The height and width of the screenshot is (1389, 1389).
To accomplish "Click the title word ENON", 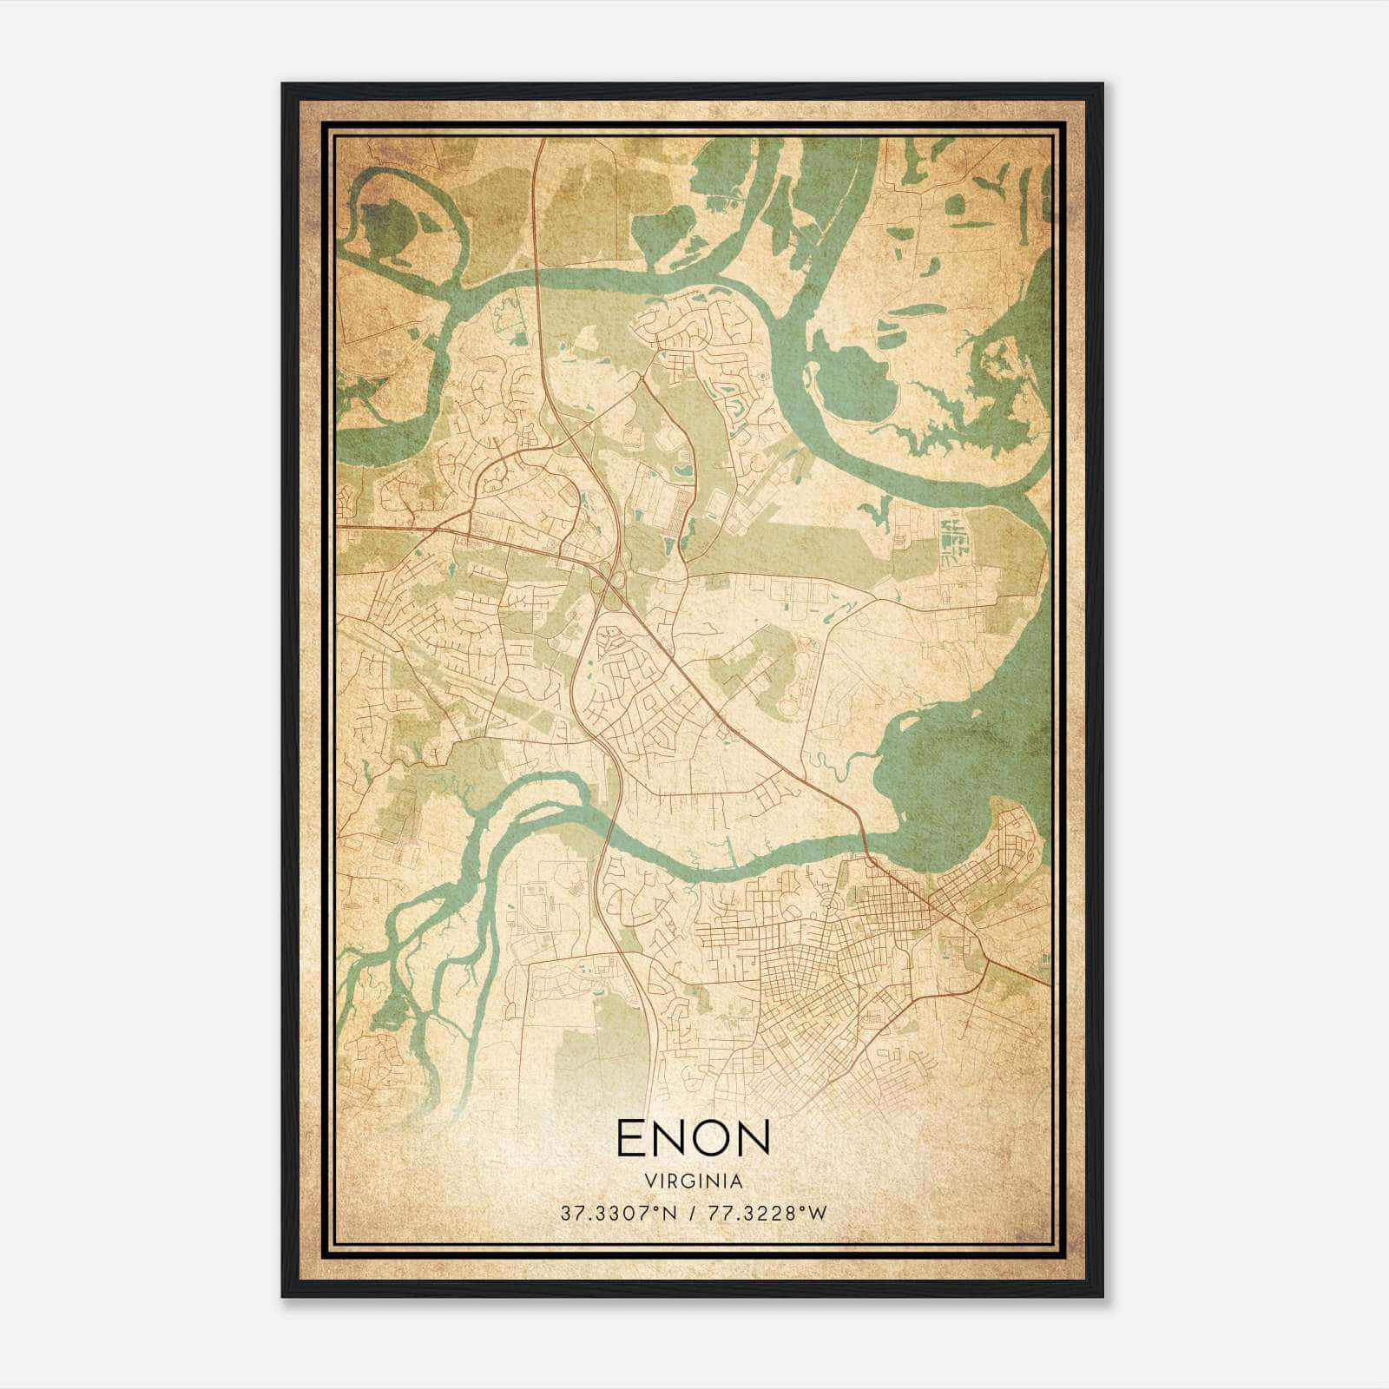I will (694, 1137).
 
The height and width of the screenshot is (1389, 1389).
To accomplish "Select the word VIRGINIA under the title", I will (694, 1182).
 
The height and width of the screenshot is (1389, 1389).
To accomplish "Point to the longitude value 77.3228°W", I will (769, 1214).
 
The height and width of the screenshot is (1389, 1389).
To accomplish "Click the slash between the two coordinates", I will (691, 1214).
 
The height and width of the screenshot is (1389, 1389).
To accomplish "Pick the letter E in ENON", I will (631, 1137).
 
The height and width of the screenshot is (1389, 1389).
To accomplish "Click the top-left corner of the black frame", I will (284, 85).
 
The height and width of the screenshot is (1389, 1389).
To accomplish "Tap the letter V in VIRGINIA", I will (649, 1182).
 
